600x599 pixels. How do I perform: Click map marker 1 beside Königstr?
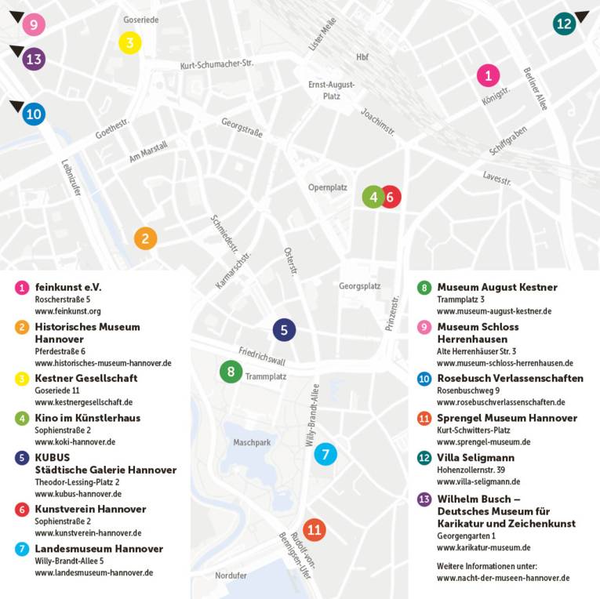488,75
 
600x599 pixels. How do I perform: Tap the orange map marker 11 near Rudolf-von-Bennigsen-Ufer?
315,530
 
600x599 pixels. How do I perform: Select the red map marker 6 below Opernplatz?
390,197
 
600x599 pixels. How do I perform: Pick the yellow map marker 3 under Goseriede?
130,42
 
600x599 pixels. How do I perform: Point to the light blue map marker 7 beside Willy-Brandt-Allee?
325,453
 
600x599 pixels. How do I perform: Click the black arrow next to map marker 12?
582,16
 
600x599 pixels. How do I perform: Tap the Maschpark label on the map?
252,442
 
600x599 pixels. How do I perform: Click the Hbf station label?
362,57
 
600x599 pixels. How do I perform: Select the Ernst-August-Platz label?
331,90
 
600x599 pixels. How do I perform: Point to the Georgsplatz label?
360,286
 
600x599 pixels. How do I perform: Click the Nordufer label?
231,575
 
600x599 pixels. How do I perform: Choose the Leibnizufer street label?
71,180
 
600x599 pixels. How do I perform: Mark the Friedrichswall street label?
262,356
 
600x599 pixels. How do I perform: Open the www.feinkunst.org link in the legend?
68,311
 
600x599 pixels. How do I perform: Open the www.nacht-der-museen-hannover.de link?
503,578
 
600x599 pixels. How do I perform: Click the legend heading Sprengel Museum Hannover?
507,418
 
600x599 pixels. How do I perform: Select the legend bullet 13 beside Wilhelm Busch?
424,499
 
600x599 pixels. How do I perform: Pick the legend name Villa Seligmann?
475,457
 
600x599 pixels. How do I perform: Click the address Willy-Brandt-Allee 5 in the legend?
69,561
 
